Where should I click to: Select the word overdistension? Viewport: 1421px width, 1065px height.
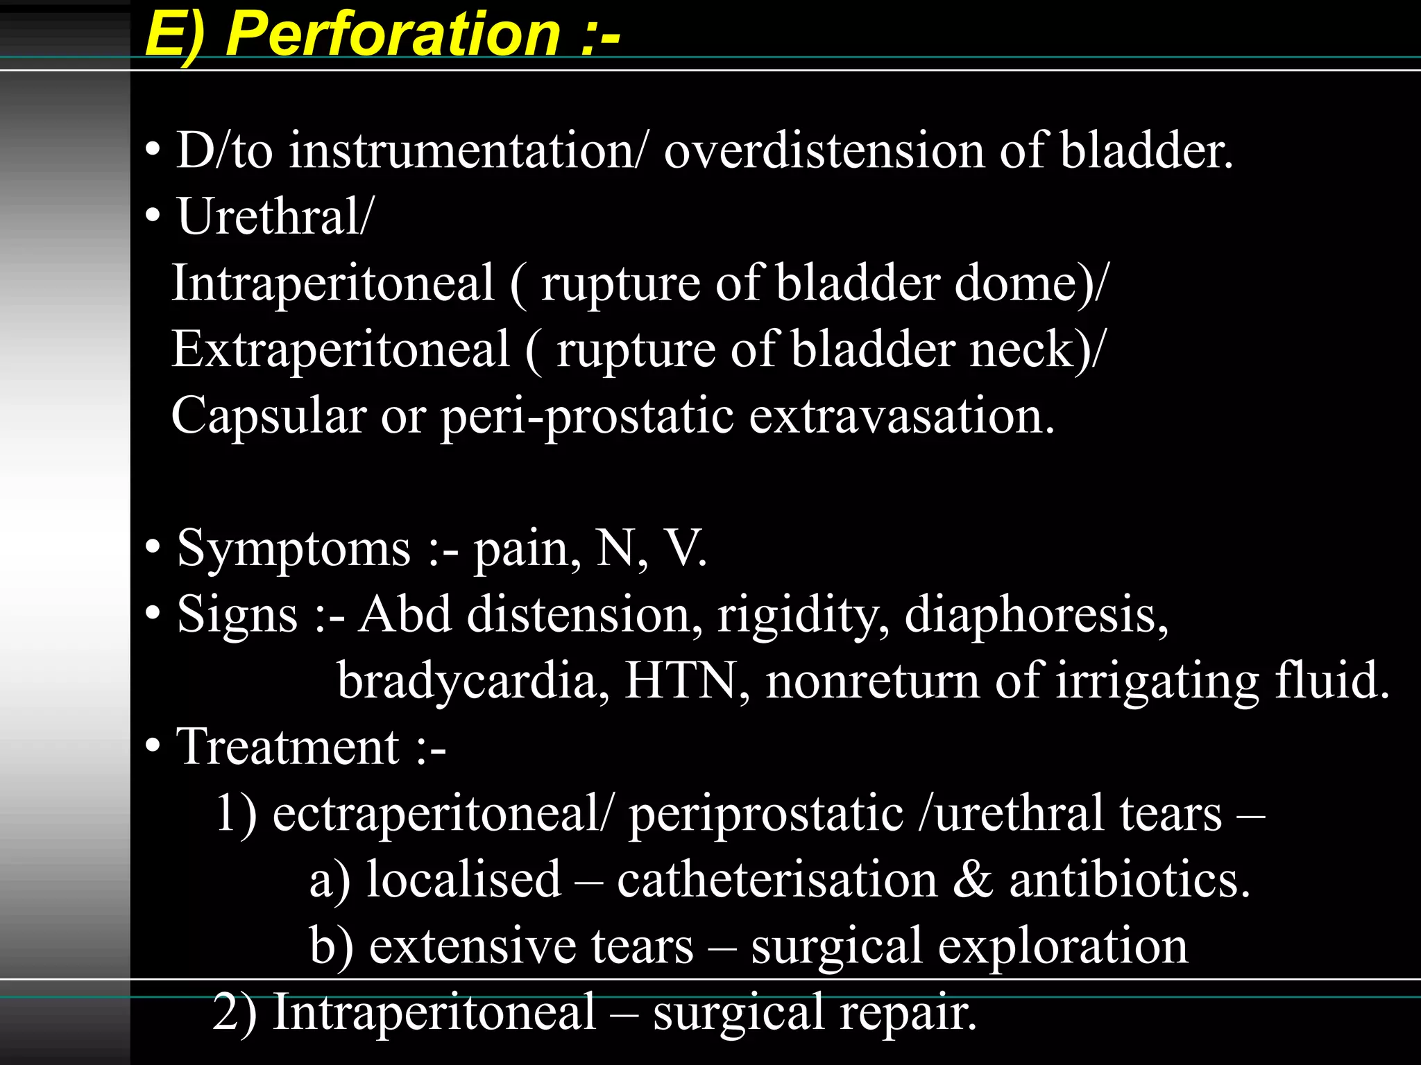click(x=824, y=151)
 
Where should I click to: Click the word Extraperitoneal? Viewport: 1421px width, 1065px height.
click(x=341, y=349)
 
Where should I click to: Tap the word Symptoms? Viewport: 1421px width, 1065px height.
click(x=294, y=548)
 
